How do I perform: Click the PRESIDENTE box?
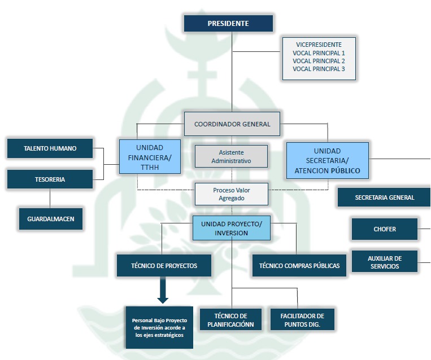pyautogui.click(x=228, y=23)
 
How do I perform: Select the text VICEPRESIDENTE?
pyautogui.click(x=319, y=45)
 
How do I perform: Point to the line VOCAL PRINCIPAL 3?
pyautogui.click(x=319, y=69)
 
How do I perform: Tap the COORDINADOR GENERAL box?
pyautogui.click(x=232, y=124)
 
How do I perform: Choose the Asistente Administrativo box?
pyautogui.click(x=231, y=156)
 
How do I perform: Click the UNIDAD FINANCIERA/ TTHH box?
pyautogui.click(x=149, y=156)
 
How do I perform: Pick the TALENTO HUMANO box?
pyautogui.click(x=50, y=148)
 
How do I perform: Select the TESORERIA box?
pyautogui.click(x=50, y=179)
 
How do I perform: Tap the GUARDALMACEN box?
pyautogui.click(x=51, y=218)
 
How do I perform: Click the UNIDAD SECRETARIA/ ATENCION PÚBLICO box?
pyautogui.click(x=328, y=160)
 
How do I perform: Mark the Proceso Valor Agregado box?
pyautogui.click(x=231, y=194)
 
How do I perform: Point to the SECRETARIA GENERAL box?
pyautogui.click(x=384, y=197)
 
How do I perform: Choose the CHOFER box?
pyautogui.click(x=385, y=229)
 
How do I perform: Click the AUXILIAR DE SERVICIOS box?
pyautogui.click(x=384, y=262)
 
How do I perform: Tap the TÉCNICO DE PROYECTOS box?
pyautogui.click(x=164, y=265)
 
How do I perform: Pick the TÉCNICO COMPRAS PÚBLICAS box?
pyautogui.click(x=299, y=265)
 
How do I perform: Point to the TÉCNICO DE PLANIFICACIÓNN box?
pyautogui.click(x=230, y=320)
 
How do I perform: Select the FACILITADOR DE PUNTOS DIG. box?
pyautogui.click(x=302, y=320)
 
